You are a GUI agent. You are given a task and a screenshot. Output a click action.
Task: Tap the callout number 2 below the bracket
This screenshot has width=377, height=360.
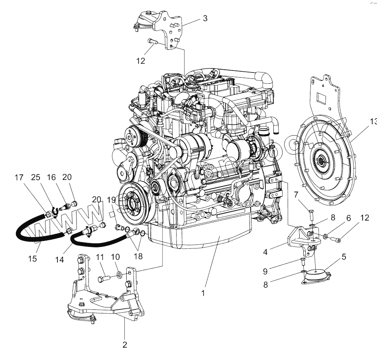(x=125, y=345)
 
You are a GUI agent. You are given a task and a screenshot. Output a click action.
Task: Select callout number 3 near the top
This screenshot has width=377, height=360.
(x=205, y=18)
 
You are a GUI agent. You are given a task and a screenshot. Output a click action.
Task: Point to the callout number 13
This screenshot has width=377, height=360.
(x=373, y=122)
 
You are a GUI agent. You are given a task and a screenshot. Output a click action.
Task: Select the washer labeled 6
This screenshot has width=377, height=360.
(x=326, y=237)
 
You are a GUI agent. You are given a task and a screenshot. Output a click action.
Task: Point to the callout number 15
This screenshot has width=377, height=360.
(x=33, y=258)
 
